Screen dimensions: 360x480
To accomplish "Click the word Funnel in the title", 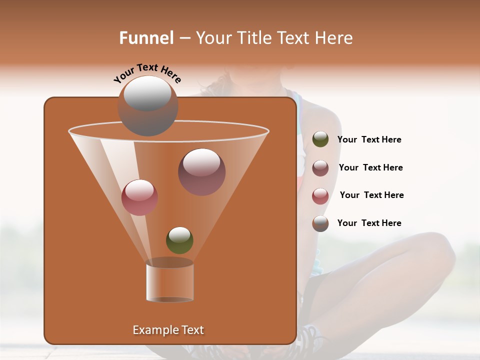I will click(x=146, y=38).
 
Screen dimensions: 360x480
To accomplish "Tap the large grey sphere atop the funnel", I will click(x=148, y=105).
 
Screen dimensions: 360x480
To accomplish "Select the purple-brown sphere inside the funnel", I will click(x=202, y=171).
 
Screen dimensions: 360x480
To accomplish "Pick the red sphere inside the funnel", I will click(x=139, y=197).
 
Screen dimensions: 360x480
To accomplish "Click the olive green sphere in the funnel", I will click(x=179, y=240).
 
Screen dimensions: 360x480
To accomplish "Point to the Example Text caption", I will click(x=168, y=330).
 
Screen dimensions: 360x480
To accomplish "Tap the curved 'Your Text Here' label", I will click(x=147, y=72).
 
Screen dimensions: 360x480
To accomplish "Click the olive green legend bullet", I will click(x=320, y=139).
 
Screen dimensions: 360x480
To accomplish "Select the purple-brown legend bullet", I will click(x=320, y=168).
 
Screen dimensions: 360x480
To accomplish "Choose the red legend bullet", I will click(x=320, y=196).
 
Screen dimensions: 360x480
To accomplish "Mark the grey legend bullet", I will click(x=320, y=223).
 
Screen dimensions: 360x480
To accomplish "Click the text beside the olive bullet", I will click(x=369, y=139).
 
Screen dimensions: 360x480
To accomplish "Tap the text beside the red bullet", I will click(x=371, y=195).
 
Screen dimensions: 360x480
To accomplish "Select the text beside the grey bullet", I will click(x=369, y=223).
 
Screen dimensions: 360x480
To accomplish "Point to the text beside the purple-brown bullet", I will click(x=370, y=167).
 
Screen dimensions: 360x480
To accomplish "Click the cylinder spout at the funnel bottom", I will click(x=170, y=281).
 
